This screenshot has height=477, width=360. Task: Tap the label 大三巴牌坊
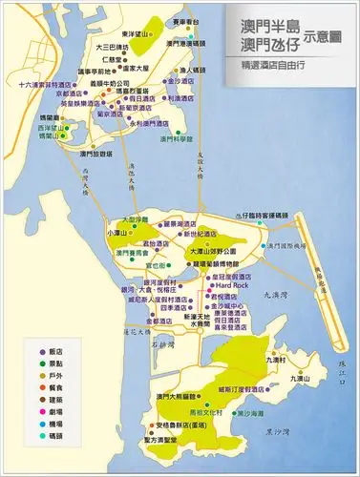tap(113, 47)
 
